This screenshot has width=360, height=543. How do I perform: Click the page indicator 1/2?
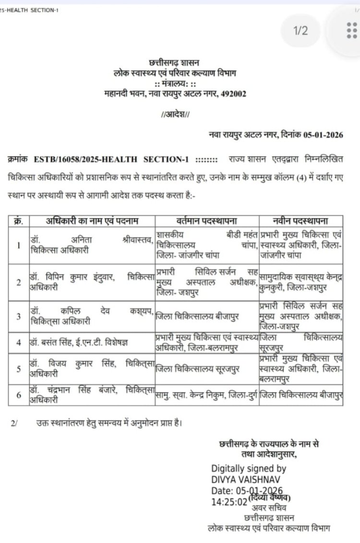pos(300,31)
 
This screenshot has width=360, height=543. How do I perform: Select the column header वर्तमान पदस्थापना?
pos(207,221)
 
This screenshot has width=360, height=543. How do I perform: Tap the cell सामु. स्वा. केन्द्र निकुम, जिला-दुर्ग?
pos(206,395)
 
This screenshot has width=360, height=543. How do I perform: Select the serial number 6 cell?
pos(19,395)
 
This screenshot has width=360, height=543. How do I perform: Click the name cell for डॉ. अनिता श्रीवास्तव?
pos(91,245)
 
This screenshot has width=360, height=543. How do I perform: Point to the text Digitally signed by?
pos(249,468)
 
